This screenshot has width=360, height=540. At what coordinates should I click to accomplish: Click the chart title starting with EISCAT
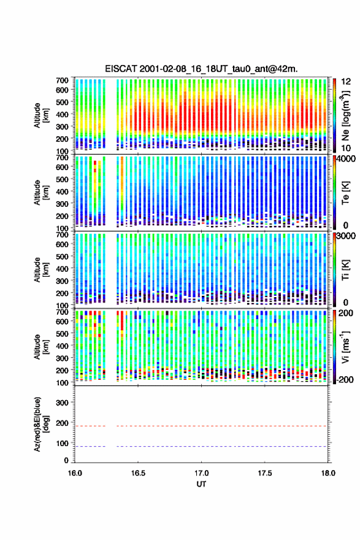tap(201, 69)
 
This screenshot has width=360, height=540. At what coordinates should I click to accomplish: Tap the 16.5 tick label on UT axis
tap(138, 473)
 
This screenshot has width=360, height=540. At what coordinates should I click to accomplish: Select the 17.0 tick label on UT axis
tap(201, 473)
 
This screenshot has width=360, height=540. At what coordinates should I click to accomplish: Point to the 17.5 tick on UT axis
tap(265, 473)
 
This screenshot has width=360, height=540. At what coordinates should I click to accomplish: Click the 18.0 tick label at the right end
tap(328, 473)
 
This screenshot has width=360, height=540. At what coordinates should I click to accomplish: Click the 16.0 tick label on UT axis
tap(75, 473)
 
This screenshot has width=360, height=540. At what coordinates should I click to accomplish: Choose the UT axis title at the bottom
tap(201, 484)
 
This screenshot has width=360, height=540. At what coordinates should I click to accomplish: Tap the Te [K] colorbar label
tap(346, 193)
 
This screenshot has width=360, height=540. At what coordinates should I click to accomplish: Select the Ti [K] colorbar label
tap(346, 270)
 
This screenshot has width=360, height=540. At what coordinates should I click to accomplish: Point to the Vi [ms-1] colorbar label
tap(346, 347)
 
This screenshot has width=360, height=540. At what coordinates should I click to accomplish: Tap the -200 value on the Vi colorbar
tap(345, 380)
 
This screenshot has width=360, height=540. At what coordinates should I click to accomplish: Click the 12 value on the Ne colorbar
tap(346, 82)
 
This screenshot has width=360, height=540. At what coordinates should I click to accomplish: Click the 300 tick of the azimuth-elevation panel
tap(62, 403)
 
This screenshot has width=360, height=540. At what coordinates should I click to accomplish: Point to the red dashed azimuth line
tap(201, 426)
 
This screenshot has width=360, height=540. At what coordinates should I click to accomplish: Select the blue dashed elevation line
tap(201, 446)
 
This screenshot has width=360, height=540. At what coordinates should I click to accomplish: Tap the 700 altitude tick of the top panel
tap(62, 80)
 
